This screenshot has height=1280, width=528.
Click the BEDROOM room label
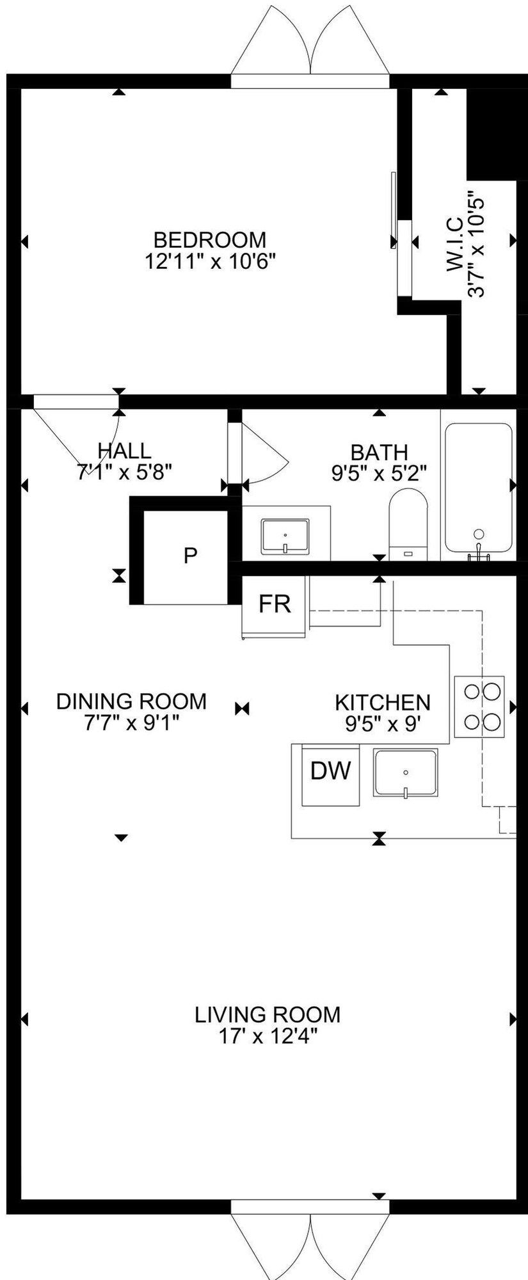coord(210,240)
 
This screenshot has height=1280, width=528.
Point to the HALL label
coord(125,451)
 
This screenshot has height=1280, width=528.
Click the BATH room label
coord(380,452)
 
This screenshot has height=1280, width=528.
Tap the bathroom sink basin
coord(285,536)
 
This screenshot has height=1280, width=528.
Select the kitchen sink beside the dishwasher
coord(406,773)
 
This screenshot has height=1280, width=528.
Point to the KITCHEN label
coord(383,703)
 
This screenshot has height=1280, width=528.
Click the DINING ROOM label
coord(131,701)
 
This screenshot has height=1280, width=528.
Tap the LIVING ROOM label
coord(268,1014)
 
